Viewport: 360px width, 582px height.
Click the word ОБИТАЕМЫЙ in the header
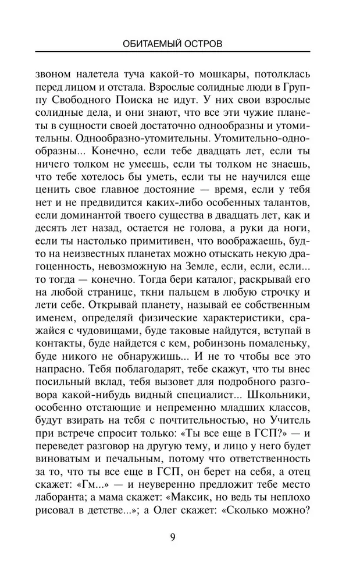tap(153, 44)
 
